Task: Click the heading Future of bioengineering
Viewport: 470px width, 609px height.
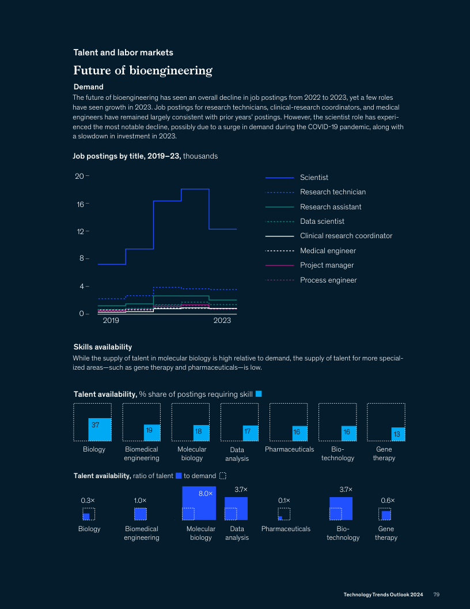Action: pos(143,71)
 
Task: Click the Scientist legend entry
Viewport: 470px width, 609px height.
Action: pos(314,178)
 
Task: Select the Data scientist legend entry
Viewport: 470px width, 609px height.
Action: pos(322,221)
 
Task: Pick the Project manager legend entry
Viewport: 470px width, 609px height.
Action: pos(327,265)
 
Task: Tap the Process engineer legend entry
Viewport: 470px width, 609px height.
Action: pos(328,280)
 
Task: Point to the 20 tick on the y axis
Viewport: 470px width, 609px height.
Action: pos(79,176)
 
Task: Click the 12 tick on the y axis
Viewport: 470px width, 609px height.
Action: pos(79,231)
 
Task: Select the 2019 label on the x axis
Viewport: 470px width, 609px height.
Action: pos(111,320)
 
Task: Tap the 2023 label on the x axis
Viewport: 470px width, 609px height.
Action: pos(222,320)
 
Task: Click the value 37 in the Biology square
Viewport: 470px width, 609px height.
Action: pos(95,424)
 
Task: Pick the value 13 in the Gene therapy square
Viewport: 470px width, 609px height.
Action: pos(396,433)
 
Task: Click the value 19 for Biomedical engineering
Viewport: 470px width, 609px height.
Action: pos(149,430)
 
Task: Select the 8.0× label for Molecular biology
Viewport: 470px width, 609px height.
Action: pos(206,494)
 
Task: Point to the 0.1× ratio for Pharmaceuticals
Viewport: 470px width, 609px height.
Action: pos(284,501)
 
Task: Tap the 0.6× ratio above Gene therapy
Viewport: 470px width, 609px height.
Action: pos(388,501)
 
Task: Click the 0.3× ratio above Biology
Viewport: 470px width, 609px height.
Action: pos(87,501)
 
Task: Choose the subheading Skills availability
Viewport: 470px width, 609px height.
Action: pos(103,347)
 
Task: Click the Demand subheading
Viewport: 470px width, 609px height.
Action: pos(88,87)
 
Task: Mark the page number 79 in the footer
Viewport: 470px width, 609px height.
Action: pos(437,595)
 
